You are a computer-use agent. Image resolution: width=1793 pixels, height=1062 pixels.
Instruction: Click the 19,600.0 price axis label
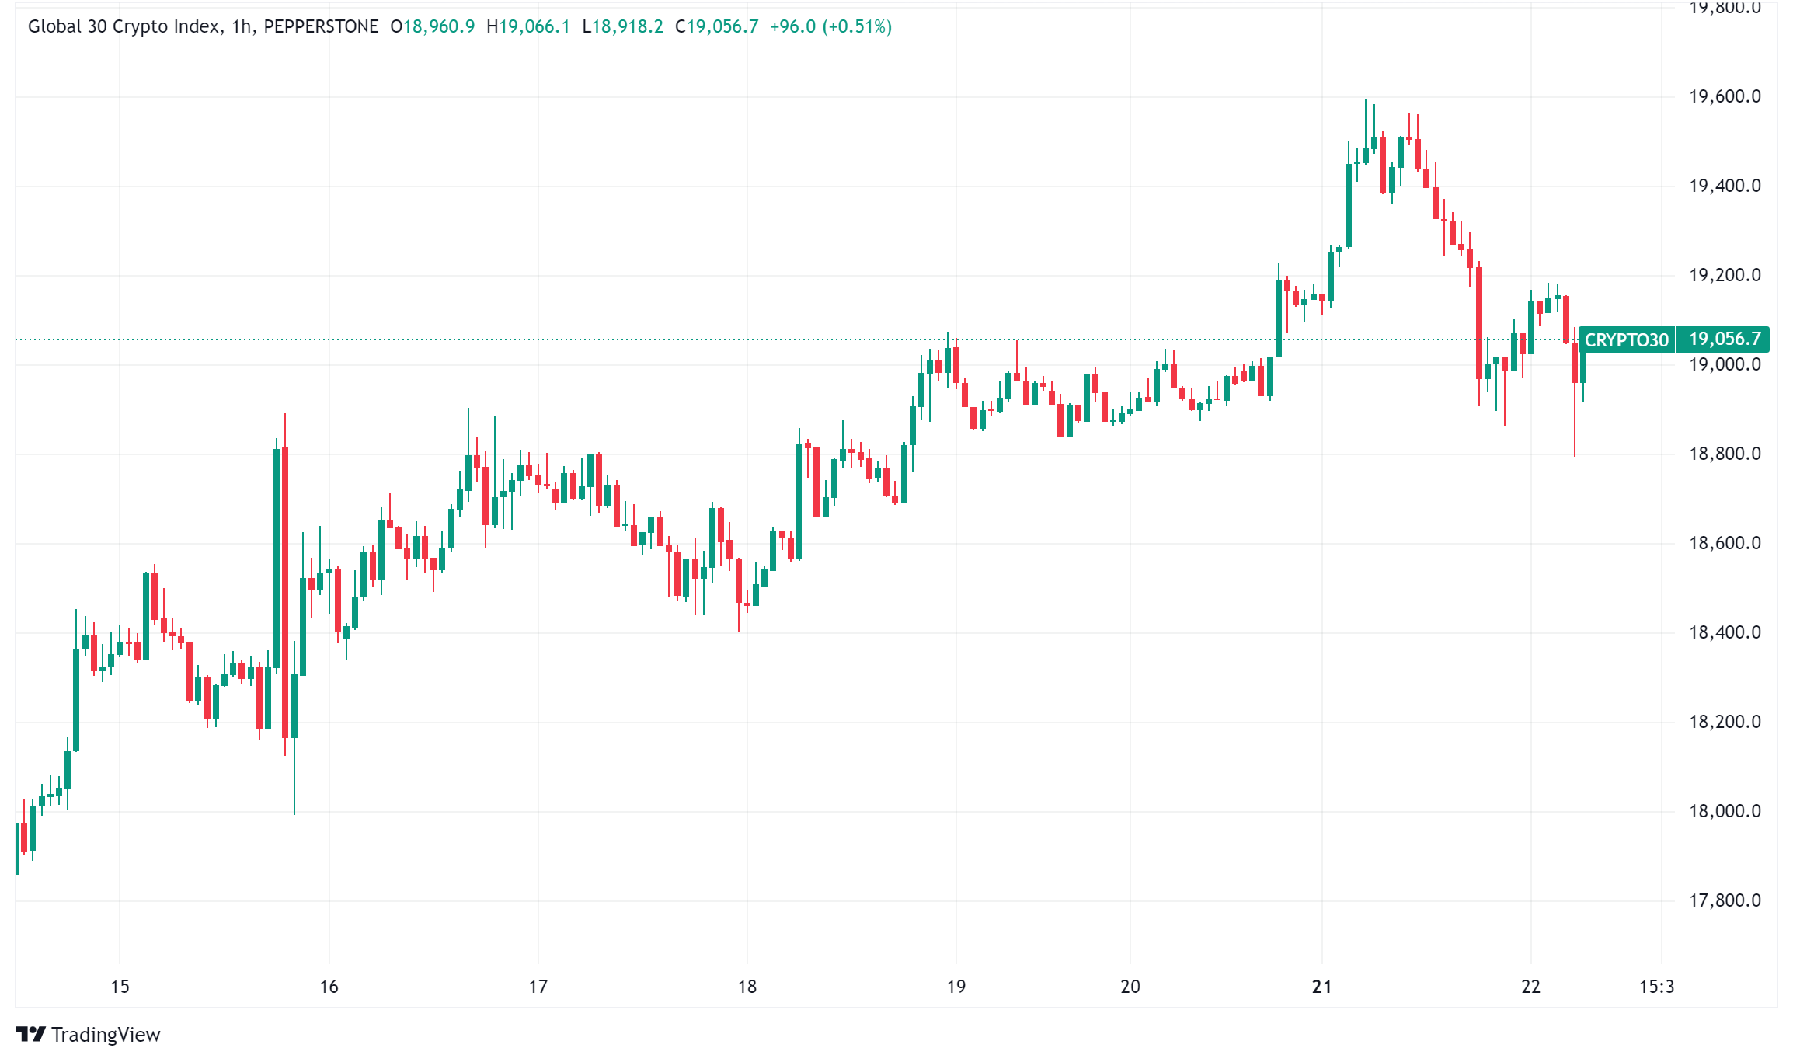click(x=1724, y=96)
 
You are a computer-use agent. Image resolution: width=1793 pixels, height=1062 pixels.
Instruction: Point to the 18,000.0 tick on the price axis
click(x=1724, y=811)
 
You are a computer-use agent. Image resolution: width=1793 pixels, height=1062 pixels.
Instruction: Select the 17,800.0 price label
click(x=1724, y=900)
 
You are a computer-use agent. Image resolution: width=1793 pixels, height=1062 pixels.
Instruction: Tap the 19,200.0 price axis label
click(x=1724, y=275)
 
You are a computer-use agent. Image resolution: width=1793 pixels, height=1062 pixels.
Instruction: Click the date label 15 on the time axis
click(x=120, y=987)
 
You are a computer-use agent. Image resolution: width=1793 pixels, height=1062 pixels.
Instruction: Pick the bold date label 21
click(x=1321, y=987)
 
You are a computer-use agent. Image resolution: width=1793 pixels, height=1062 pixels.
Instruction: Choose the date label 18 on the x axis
click(x=747, y=987)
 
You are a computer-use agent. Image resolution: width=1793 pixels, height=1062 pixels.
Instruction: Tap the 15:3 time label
click(x=1656, y=987)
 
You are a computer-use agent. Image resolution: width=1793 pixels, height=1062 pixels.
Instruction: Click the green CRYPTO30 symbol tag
click(x=1626, y=340)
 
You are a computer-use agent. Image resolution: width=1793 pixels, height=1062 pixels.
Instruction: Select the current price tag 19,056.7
click(x=1724, y=339)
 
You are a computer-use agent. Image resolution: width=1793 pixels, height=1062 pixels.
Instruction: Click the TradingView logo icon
click(x=30, y=1034)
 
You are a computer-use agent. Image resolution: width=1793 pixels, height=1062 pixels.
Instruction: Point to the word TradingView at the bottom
click(x=106, y=1035)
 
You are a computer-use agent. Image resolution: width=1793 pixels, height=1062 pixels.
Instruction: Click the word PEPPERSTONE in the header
click(x=321, y=26)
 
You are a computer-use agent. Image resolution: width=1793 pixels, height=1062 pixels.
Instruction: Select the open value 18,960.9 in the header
click(x=438, y=26)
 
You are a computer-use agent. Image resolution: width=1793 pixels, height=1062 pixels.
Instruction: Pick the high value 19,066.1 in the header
click(x=534, y=26)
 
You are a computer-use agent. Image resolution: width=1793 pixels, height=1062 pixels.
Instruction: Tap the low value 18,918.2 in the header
click(x=627, y=26)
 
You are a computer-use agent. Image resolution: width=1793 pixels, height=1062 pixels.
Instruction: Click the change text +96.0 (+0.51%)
click(x=830, y=26)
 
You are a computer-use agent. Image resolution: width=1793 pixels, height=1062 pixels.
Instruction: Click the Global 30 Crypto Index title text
click(x=124, y=26)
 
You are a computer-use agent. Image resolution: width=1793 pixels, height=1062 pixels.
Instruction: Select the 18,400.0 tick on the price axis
click(x=1724, y=632)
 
